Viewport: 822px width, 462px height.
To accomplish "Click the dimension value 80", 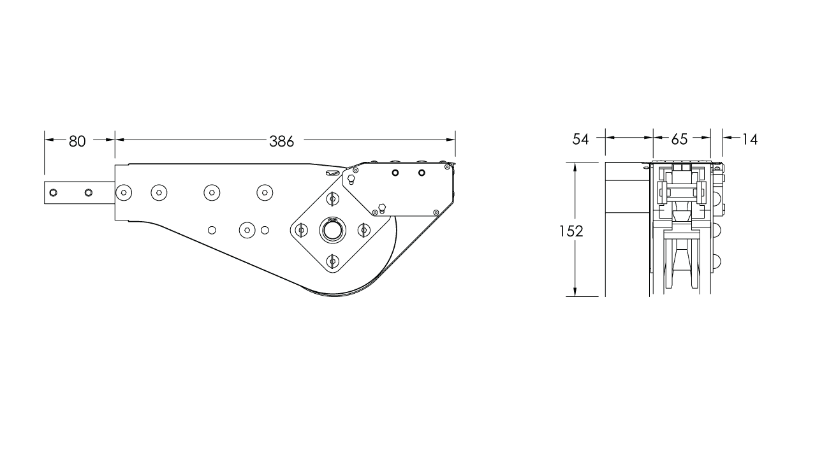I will pos(77,141).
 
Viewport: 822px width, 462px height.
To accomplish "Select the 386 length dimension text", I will pos(281,141).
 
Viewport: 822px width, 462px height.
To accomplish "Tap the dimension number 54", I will pos(580,139).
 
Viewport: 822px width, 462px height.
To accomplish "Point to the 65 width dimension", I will pos(680,139).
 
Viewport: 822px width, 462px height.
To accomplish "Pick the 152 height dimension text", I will pos(571,231).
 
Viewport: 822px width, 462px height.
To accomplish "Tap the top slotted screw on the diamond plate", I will pos(332,199).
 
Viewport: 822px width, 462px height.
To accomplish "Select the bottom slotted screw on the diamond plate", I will pos(332,260).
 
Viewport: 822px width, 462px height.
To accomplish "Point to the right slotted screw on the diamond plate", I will pos(363,230).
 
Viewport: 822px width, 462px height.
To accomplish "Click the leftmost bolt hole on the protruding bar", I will pos(54,192).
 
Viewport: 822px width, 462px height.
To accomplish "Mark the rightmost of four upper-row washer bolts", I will pos(264,192).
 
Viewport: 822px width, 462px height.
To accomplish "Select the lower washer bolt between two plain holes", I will pos(246,229).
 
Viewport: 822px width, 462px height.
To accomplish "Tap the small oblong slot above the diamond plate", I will pos(332,173).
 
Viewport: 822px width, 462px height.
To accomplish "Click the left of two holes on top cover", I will pos(395,173).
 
